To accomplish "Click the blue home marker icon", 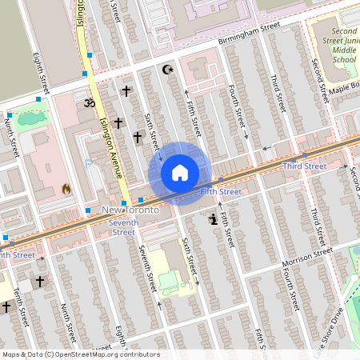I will pos(180,173).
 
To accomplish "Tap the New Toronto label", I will pos(130,210).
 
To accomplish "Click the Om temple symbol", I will pos(89,102).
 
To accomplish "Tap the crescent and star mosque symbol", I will pos(168,70).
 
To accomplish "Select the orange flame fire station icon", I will pos(66,190).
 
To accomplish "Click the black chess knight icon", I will pos(212,218).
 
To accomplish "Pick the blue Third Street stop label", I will pos(304,166).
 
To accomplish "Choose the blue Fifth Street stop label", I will pos(221,192).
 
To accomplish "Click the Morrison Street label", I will pos(306,257).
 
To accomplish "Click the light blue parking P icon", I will pos(89,165).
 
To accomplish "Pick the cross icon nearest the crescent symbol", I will pos(126,92).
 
